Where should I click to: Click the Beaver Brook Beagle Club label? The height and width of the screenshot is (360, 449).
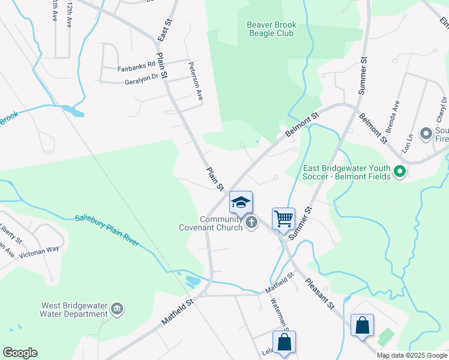point(271,29)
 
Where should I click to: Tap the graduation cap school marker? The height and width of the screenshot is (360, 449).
point(241,202)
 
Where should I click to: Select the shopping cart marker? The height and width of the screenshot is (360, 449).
point(283,218)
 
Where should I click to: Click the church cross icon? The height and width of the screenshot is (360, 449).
point(252,223)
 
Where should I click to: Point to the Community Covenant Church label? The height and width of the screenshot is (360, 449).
point(211,223)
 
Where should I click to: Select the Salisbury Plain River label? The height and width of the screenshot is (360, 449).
point(107,230)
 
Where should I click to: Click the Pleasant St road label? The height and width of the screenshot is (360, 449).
point(319,294)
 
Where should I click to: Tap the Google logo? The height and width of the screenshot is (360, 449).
point(20,353)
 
